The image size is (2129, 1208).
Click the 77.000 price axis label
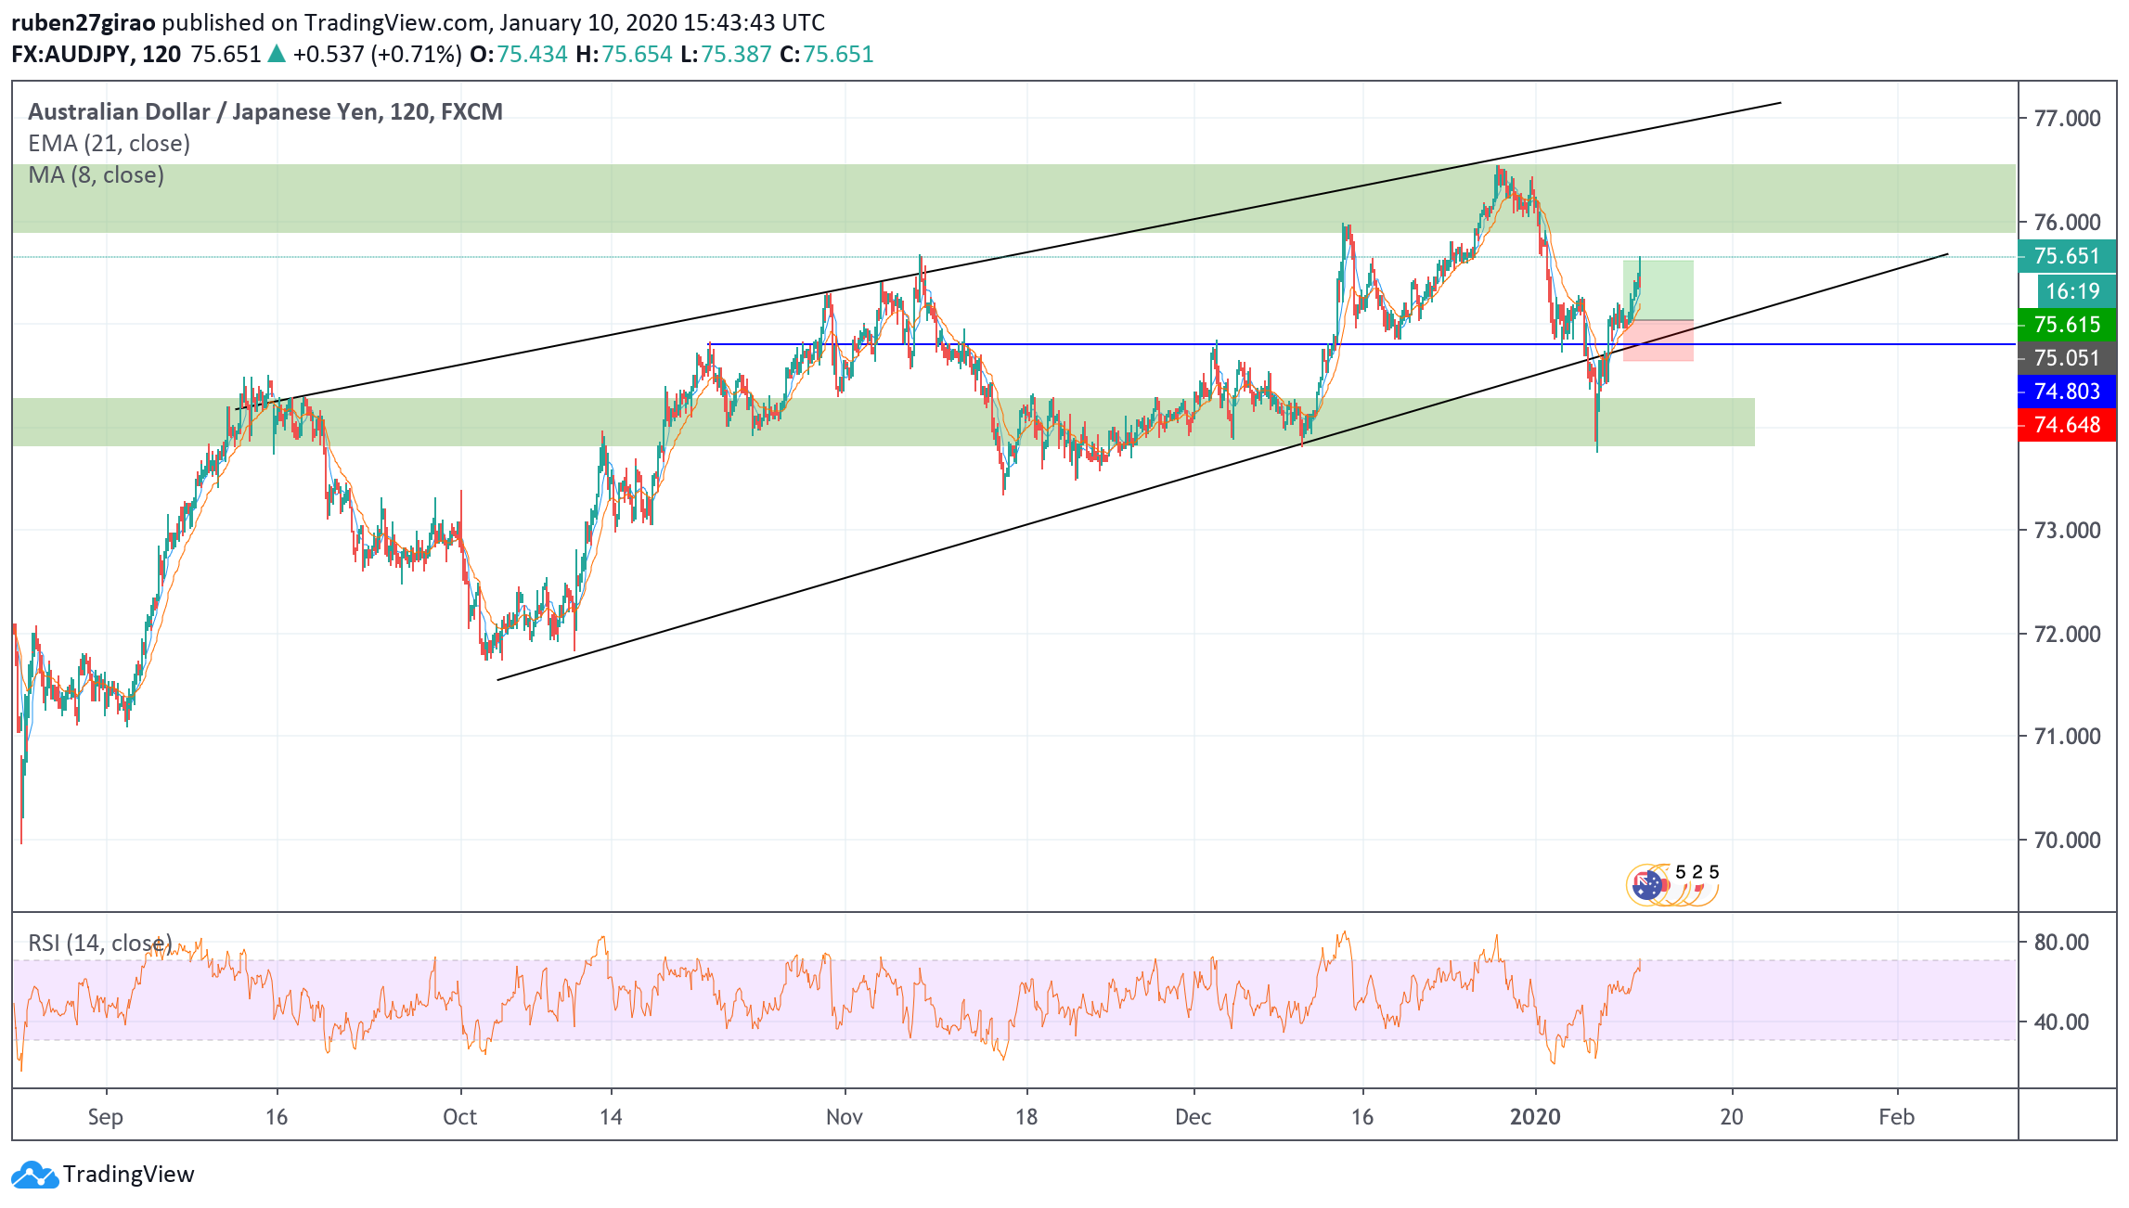(2066, 119)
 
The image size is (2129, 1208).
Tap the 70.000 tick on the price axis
(2066, 841)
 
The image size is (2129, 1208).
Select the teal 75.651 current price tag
(2066, 256)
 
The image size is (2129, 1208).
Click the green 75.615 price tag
(2066, 325)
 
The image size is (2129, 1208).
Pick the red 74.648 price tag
(2066, 425)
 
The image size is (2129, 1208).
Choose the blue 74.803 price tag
(2066, 392)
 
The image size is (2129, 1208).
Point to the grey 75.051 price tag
(2066, 358)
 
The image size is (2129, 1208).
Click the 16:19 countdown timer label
(2072, 291)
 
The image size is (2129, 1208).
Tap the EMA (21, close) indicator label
(109, 144)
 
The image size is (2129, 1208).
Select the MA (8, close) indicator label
(96, 175)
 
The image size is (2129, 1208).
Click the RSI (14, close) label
(99, 944)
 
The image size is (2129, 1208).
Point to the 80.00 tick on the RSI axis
(2060, 943)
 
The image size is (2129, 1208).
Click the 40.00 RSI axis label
(2060, 1022)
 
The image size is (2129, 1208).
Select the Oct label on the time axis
(459, 1117)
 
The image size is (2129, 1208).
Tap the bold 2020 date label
(1535, 1117)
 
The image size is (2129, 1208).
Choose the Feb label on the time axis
(1896, 1117)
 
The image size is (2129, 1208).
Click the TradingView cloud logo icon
(34, 1175)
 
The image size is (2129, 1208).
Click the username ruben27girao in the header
(83, 22)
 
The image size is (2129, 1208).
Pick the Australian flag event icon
(1646, 885)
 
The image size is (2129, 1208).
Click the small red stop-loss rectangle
(1658, 341)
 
